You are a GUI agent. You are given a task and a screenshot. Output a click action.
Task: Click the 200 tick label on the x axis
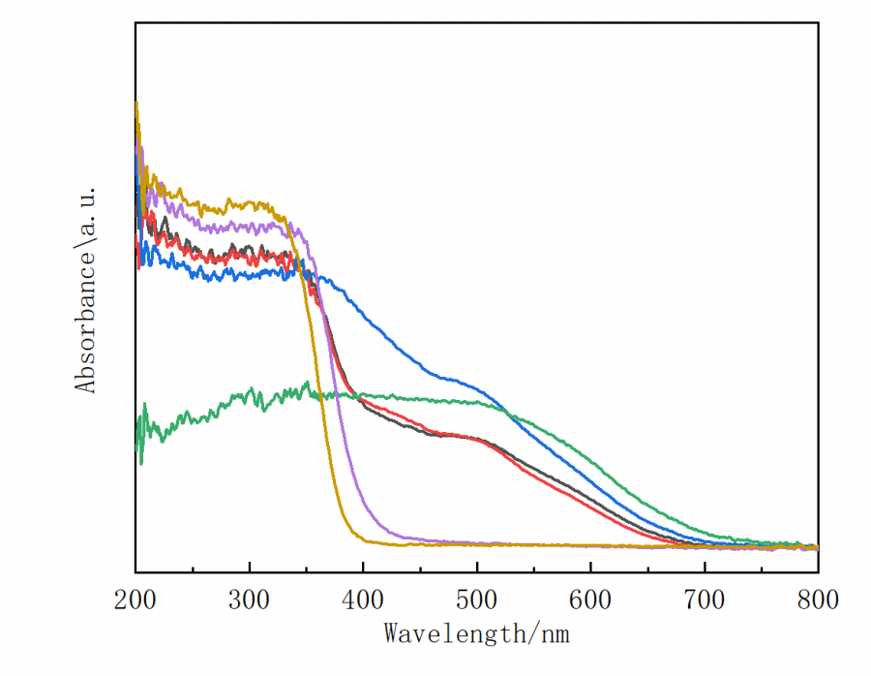tap(135, 600)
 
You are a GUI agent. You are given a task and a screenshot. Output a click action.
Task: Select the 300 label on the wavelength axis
tap(250, 600)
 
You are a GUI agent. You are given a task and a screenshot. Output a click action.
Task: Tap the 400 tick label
tap(363, 600)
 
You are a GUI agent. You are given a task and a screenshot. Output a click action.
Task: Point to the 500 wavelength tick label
tap(477, 600)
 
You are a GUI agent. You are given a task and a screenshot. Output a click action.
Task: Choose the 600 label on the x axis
tap(590, 600)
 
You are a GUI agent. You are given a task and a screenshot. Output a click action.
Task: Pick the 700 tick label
tap(705, 600)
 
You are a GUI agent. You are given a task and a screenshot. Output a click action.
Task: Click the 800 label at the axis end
tap(818, 600)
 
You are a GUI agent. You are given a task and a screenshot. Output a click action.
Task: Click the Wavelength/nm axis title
tap(477, 634)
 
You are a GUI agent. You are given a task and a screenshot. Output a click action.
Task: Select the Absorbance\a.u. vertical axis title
tap(86, 290)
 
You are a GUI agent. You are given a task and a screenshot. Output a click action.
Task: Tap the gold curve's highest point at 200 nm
tap(135, 102)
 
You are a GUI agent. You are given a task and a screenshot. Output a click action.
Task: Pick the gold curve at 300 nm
tap(250, 205)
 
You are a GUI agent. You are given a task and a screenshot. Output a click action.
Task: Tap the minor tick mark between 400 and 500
tap(420, 569)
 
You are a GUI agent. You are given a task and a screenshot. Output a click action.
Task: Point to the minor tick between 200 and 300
tap(193, 569)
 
